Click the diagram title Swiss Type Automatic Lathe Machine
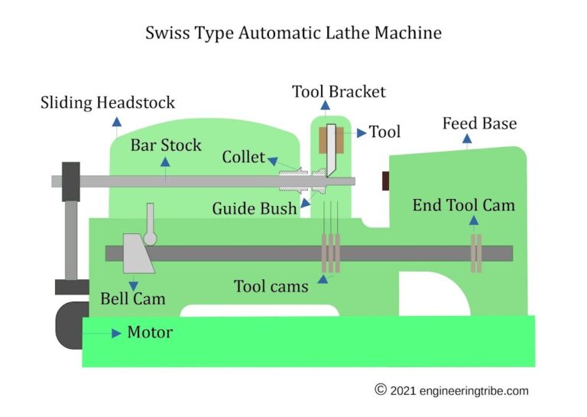click(x=293, y=34)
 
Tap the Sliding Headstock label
click(x=108, y=103)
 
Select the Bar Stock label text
click(x=165, y=145)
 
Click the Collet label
click(x=243, y=158)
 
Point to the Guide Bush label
click(x=254, y=208)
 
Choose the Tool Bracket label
click(x=339, y=93)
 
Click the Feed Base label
click(x=479, y=123)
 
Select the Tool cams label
click(x=271, y=286)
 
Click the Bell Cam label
click(x=133, y=298)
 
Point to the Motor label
click(x=150, y=333)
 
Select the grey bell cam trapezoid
click(x=138, y=254)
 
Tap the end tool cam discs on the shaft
click(x=475, y=253)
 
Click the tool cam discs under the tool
click(x=330, y=253)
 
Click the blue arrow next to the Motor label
click(x=116, y=333)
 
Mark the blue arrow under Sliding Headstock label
click(x=115, y=120)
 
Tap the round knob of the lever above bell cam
click(x=150, y=239)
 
